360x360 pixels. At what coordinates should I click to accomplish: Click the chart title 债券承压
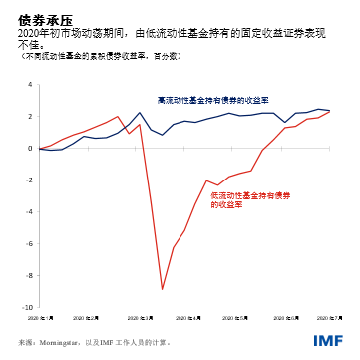pyautogui.click(x=38, y=17)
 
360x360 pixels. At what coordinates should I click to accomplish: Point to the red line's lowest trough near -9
pyautogui.click(x=163, y=290)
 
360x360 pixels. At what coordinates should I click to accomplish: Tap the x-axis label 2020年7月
pyautogui.click(x=330, y=317)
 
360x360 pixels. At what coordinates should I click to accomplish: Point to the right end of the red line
pyautogui.click(x=330, y=112)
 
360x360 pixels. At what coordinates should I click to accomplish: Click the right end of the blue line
pyautogui.click(x=330, y=110)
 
